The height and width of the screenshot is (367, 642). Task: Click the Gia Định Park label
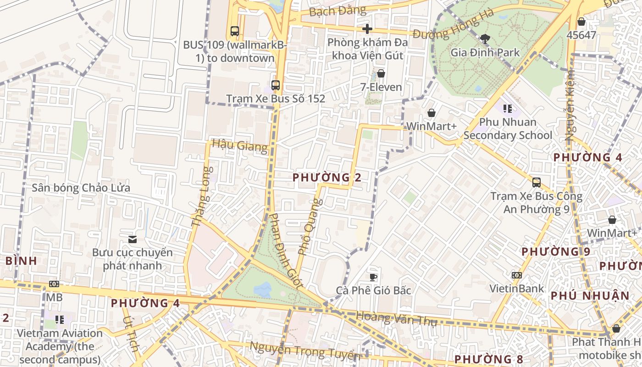[x=485, y=52]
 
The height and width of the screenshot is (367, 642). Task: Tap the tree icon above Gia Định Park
[x=485, y=39]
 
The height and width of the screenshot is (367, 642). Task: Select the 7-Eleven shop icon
[x=381, y=73]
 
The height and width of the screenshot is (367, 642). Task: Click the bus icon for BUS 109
[x=235, y=31]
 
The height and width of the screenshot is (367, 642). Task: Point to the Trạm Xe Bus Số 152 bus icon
[x=275, y=85]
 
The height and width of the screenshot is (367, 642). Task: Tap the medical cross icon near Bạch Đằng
[x=367, y=29]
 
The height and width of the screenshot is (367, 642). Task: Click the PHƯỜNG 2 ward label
[x=327, y=178]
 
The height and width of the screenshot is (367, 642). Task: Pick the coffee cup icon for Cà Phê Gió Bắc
[x=373, y=277]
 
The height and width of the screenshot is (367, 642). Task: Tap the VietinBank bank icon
[x=516, y=275]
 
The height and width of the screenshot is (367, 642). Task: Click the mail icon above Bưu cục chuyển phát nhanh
[x=133, y=239]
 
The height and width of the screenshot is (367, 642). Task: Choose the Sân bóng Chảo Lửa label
[x=81, y=188]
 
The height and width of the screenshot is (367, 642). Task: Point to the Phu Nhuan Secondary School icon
[x=507, y=109]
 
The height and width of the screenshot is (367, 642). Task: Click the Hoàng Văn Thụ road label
[x=396, y=318]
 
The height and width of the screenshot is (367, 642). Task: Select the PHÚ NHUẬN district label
[x=590, y=296]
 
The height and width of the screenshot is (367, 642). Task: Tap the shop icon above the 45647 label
[x=581, y=22]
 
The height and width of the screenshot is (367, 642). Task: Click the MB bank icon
[x=54, y=284]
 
